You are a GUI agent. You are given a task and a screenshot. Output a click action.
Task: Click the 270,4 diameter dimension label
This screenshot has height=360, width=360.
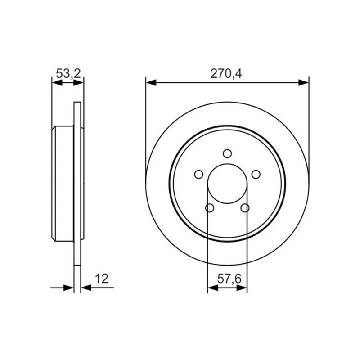click(x=226, y=74)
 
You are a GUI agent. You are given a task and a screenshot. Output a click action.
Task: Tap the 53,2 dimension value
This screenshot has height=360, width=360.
click(x=68, y=74)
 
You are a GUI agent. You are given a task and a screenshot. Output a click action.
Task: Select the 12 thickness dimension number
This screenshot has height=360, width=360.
click(x=102, y=279)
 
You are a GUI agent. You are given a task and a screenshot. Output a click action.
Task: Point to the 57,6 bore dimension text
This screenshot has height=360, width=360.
click(x=229, y=279)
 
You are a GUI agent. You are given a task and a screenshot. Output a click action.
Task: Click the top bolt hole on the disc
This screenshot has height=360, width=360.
click(x=227, y=153)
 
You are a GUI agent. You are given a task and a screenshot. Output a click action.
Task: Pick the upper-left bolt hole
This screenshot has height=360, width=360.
click(x=198, y=174)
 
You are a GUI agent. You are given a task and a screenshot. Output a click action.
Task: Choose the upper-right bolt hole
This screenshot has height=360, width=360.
click(x=256, y=174)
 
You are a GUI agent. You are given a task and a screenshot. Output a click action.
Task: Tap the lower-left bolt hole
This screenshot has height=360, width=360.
click(x=210, y=208)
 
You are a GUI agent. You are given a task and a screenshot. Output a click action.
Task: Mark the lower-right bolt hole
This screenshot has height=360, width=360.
click(x=245, y=208)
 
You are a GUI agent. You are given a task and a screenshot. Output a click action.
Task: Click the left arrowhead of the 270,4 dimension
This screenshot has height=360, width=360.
click(x=151, y=83)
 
